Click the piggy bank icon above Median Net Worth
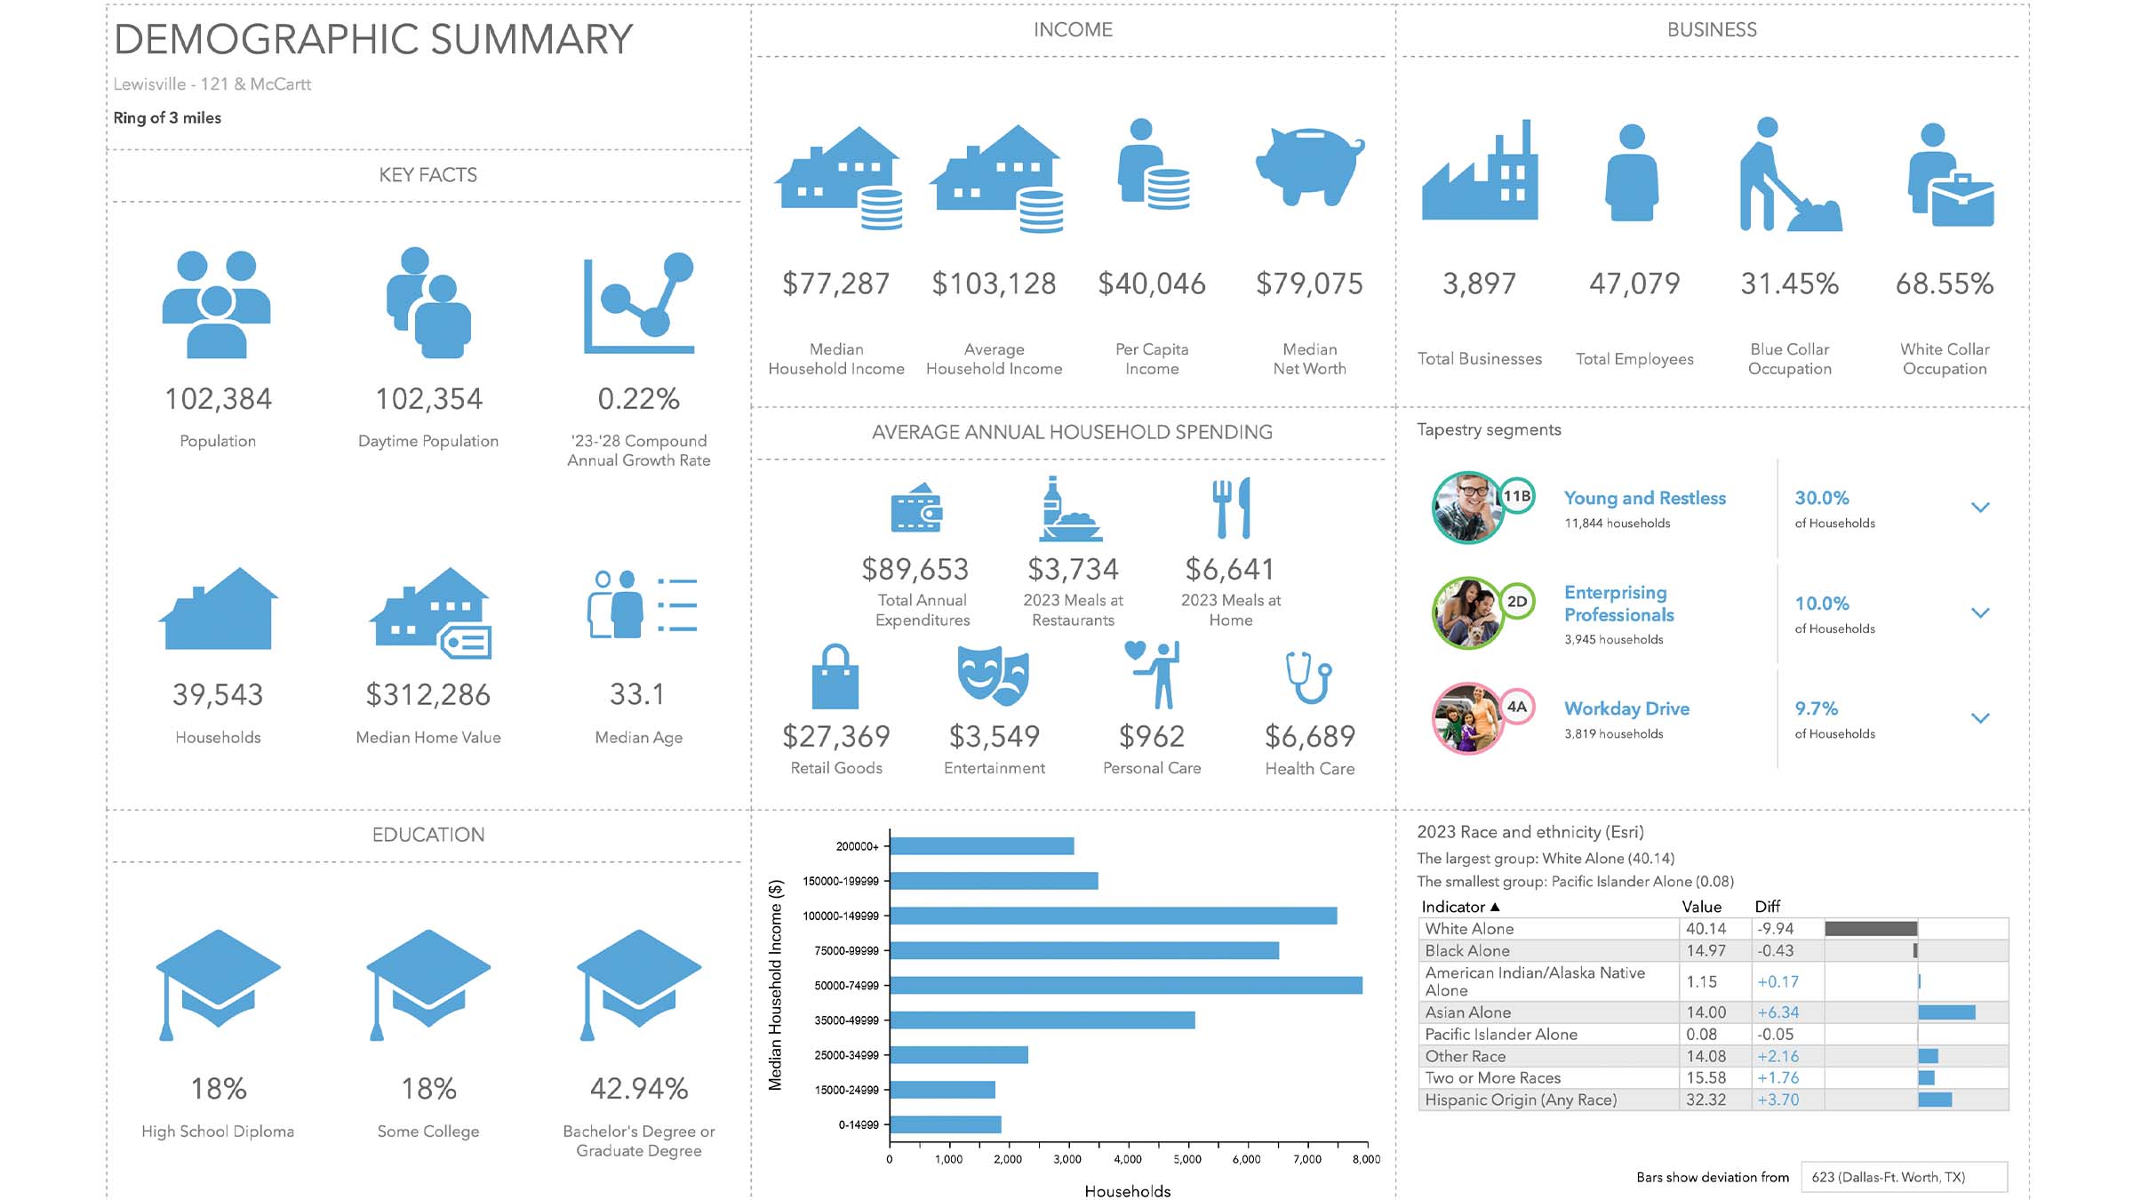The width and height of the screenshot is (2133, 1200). tap(1309, 165)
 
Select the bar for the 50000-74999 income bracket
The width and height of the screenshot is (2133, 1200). tap(1125, 985)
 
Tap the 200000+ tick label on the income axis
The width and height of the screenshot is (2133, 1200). tap(857, 846)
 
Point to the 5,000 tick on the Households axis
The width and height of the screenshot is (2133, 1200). tap(1187, 1159)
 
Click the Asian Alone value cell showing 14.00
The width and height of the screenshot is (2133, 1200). tap(1706, 1012)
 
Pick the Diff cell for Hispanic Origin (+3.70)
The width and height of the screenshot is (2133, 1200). tap(1777, 1100)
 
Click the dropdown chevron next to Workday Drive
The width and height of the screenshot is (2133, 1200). tap(1980, 718)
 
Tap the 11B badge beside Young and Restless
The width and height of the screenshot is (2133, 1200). tap(1517, 496)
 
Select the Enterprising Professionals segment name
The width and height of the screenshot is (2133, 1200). tap(1618, 604)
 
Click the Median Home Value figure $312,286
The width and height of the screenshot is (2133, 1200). tap(427, 695)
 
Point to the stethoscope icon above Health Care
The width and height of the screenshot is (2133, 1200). tap(1309, 677)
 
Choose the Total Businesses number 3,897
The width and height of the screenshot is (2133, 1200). tap(1479, 284)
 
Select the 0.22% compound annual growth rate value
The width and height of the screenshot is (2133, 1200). tap(638, 399)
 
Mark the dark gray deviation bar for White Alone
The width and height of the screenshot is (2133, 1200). tap(1871, 929)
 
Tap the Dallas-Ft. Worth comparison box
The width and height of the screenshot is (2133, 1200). tap(1903, 1177)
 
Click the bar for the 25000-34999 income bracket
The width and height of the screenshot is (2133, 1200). tap(959, 1055)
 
